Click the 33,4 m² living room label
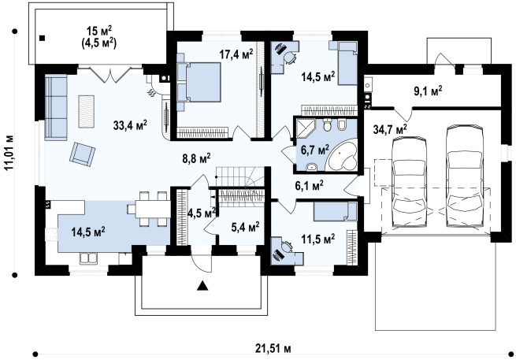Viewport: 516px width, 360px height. point(130,125)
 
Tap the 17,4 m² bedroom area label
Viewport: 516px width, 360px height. point(236,54)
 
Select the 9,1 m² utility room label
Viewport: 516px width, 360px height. point(428,91)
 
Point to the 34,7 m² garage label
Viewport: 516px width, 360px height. point(390,129)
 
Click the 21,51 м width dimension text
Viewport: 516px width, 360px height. point(273,348)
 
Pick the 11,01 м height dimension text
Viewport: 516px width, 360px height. point(10,152)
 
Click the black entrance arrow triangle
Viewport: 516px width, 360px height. point(203,286)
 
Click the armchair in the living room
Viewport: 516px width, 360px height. point(82,153)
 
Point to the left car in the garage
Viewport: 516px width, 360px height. point(410,181)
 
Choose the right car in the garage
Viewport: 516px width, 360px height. point(464,176)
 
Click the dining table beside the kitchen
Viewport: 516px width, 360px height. point(152,209)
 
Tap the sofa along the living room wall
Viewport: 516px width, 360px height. point(56,108)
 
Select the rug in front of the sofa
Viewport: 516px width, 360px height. point(86,111)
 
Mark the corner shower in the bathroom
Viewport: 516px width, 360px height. point(306,128)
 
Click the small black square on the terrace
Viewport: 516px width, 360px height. point(42,38)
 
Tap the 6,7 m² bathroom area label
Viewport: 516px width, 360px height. point(315,150)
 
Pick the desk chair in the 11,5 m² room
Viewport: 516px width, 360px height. point(287,247)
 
